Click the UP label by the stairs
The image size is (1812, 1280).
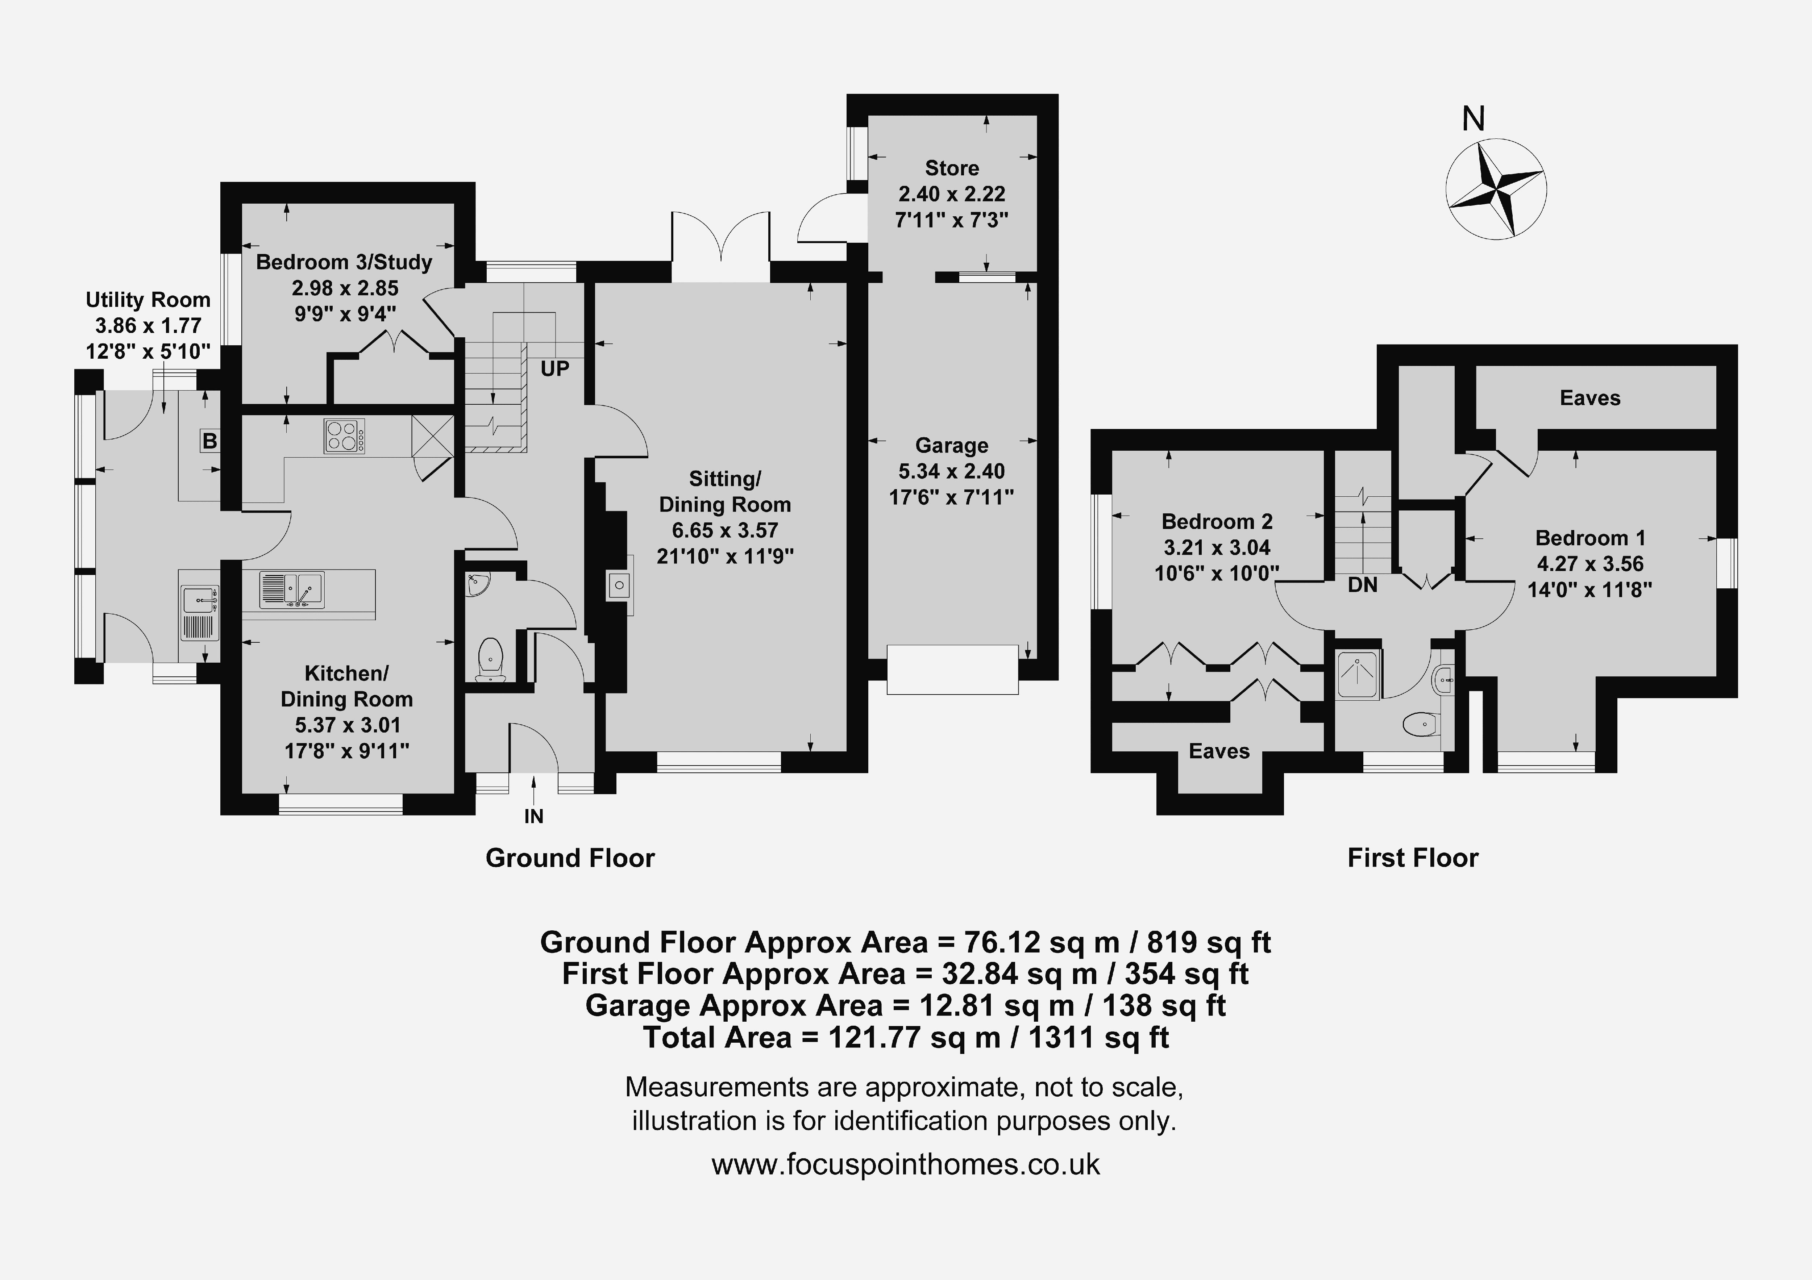coord(555,368)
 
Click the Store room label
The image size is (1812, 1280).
coord(952,168)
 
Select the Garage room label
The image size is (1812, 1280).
coord(952,446)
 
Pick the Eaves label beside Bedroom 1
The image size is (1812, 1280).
coord(1590,398)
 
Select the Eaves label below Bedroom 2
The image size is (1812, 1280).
coord(1219,751)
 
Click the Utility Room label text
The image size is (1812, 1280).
coord(148,300)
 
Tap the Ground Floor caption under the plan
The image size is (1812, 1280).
coord(570,858)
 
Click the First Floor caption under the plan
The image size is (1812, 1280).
coord(1413,858)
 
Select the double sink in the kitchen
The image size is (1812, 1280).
coord(291,589)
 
